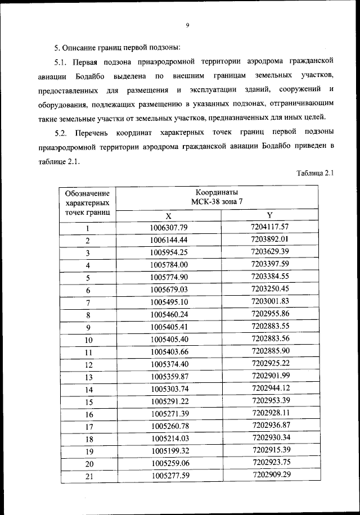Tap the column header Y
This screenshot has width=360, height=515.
[269, 216]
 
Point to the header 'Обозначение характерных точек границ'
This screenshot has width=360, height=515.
[87, 202]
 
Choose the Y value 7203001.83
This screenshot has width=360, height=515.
[270, 301]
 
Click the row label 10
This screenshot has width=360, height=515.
[88, 340]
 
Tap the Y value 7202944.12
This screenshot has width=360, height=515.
[270, 388]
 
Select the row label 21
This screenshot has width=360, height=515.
[88, 476]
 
